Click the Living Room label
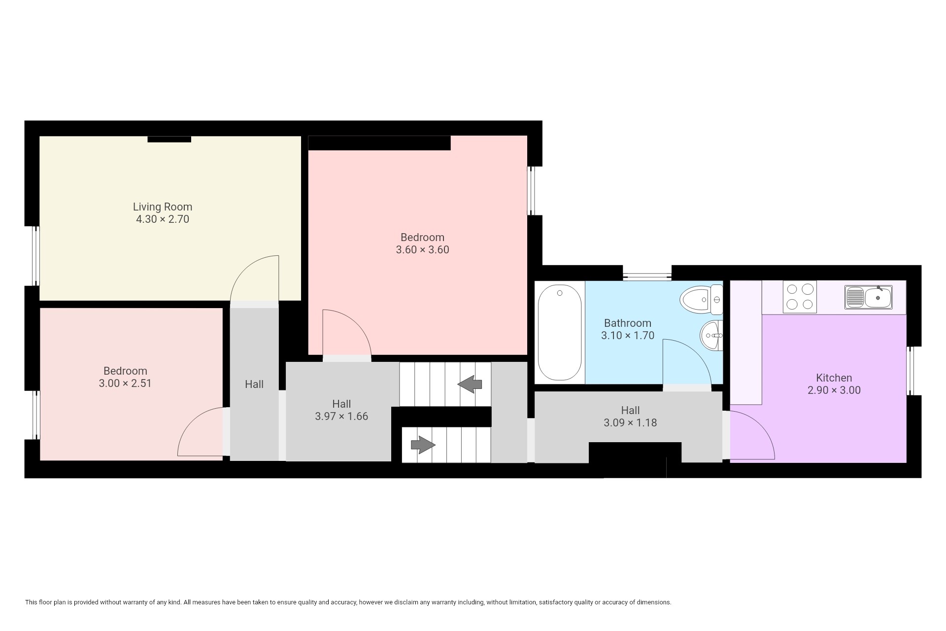[163, 207]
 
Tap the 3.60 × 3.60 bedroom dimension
[423, 250]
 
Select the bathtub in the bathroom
[560, 333]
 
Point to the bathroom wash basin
[711, 335]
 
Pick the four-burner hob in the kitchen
[800, 297]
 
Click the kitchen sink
[869, 297]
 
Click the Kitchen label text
[834, 378]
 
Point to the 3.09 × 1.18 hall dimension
[630, 423]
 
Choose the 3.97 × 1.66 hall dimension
[341, 417]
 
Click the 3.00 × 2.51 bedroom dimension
[125, 384]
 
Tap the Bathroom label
[628, 323]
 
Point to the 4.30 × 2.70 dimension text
[163, 219]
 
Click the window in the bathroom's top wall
[647, 274]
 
